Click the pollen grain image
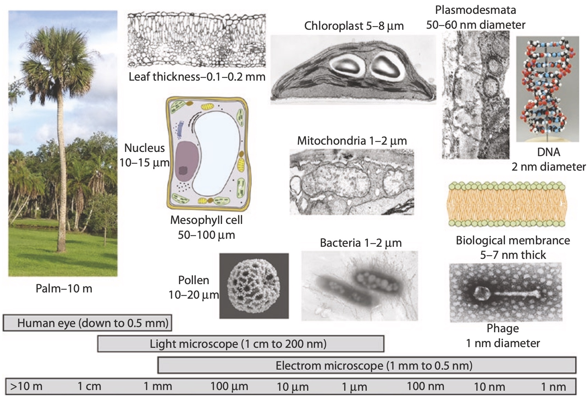coord(254,286)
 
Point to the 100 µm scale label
coord(229,386)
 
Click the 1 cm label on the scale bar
coord(89,386)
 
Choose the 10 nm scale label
coord(489,386)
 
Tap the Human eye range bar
coord(87,323)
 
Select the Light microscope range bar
coord(240,344)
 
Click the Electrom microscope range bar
coord(367,365)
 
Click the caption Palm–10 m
coord(64,288)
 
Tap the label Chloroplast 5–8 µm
coord(354,26)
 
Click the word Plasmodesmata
coord(475,10)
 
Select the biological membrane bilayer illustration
coord(507,205)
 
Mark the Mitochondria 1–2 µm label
coord(352,141)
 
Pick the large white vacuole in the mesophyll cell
coord(216,152)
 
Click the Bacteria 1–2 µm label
coord(361,243)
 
